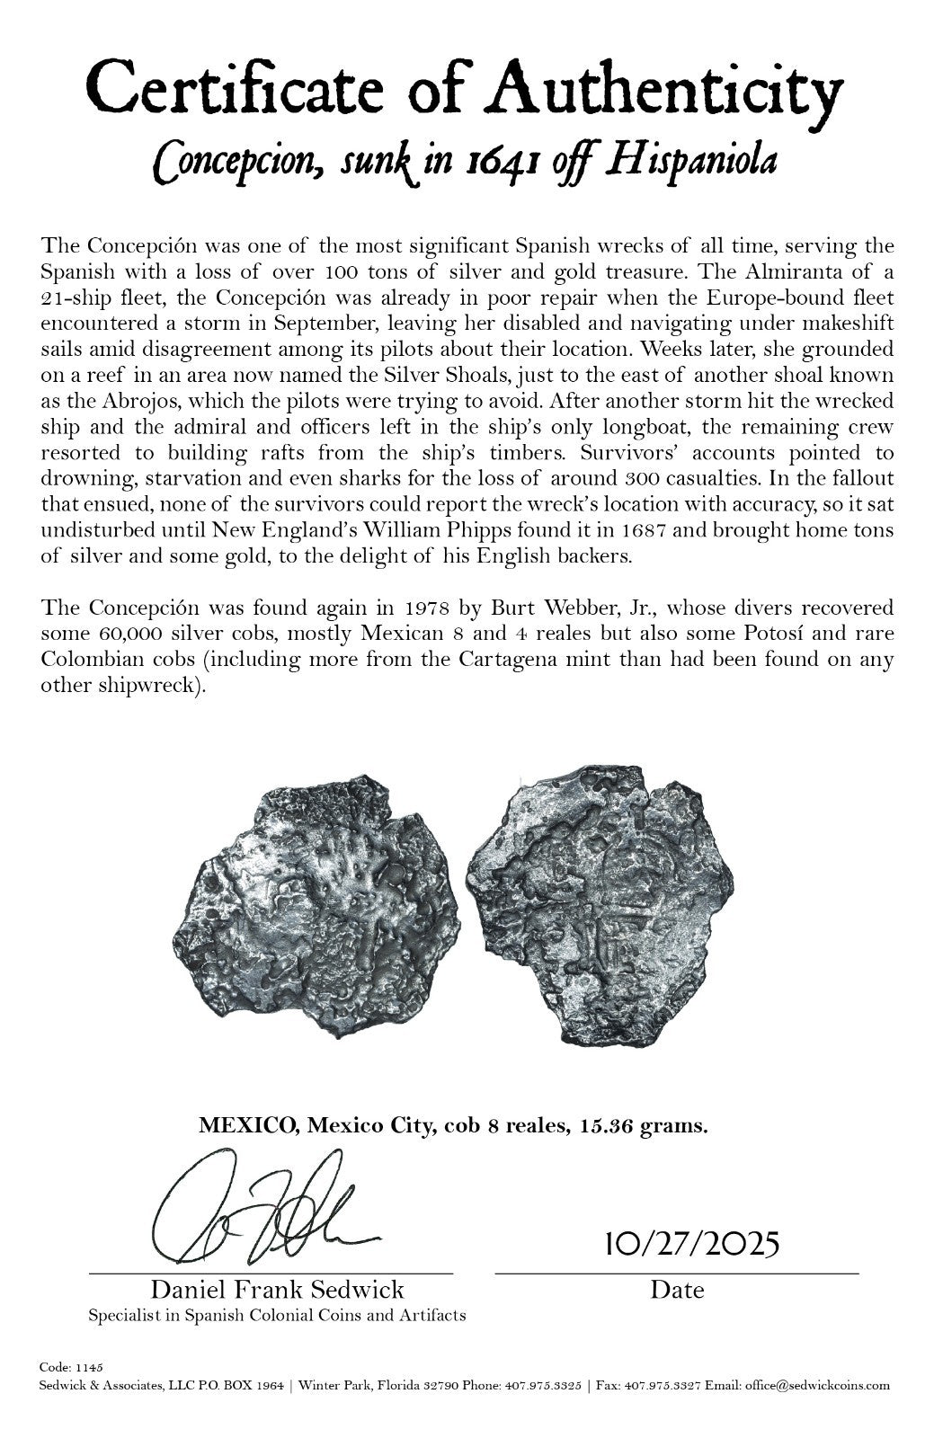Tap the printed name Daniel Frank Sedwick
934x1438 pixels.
[x=277, y=1290]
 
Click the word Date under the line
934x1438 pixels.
[x=677, y=1290]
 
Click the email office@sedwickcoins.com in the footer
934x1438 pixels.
[x=815, y=1385]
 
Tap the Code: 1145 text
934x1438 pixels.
[x=72, y=1366]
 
